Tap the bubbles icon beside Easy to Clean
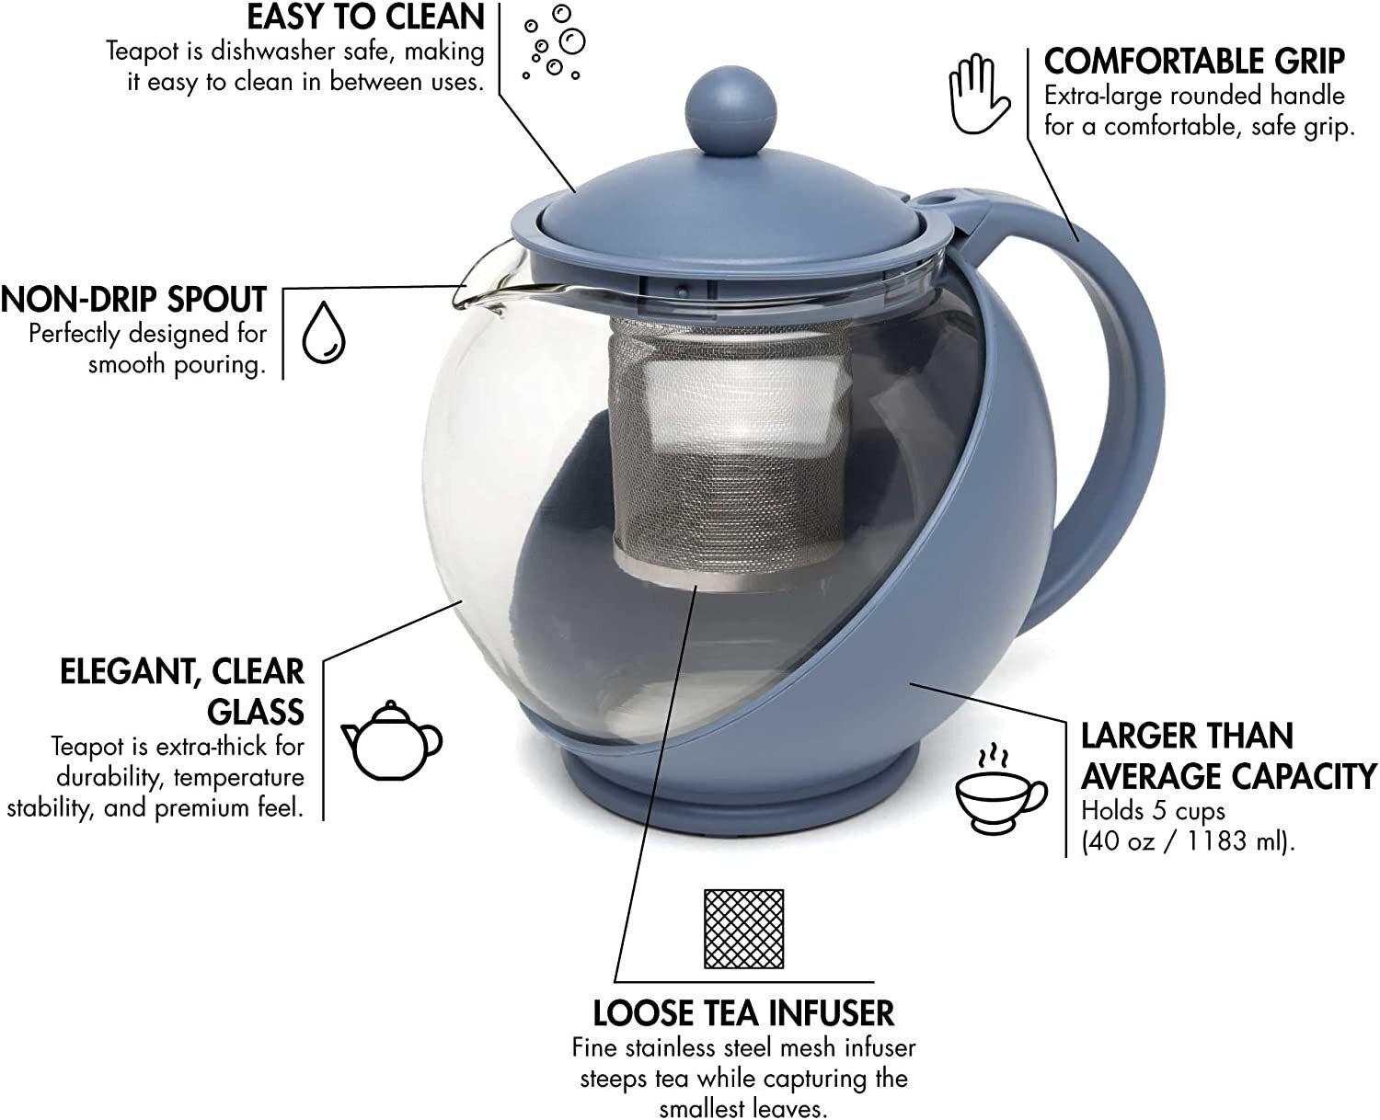tap(553, 42)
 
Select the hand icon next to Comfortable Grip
tap(978, 95)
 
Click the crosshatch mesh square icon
tap(743, 929)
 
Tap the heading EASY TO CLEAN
tap(366, 17)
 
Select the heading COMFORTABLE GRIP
tap(1194, 62)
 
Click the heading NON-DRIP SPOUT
tap(133, 300)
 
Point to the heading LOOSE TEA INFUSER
tap(743, 1013)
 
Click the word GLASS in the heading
tap(255, 712)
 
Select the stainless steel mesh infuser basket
tap(730, 453)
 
